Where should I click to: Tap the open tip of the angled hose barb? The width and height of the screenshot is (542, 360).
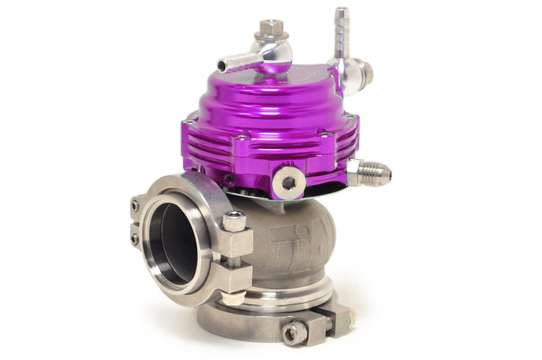(x=222, y=67)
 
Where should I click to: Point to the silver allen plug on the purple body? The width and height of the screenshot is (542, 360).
(x=288, y=182)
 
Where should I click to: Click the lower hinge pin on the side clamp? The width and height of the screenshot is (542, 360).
(x=134, y=237)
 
